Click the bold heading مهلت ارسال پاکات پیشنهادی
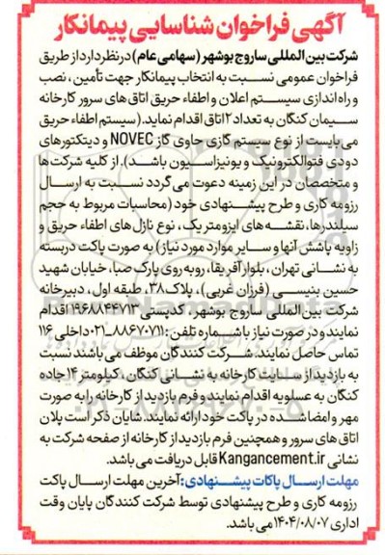click(x=290, y=493)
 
